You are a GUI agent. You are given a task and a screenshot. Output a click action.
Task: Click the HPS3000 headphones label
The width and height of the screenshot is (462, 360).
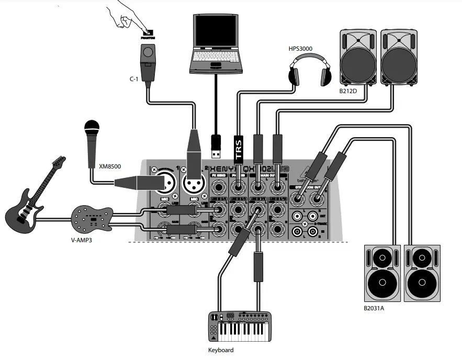click(300, 49)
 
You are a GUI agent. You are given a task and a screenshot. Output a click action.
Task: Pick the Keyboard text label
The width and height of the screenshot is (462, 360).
click(220, 350)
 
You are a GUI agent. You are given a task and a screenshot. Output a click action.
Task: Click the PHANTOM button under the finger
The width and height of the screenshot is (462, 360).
click(148, 33)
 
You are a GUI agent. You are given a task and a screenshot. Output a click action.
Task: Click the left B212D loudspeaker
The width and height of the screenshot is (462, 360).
click(359, 57)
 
